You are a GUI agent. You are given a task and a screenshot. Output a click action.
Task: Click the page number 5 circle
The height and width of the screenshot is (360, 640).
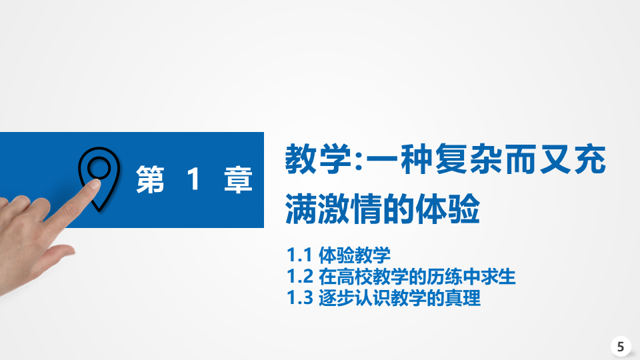click(621, 347)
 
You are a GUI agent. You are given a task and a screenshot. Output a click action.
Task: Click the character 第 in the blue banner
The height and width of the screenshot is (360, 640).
click(150, 179)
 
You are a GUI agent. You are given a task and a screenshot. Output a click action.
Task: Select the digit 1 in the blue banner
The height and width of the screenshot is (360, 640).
click(193, 179)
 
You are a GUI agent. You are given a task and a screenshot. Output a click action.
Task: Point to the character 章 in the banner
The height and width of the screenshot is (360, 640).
click(238, 179)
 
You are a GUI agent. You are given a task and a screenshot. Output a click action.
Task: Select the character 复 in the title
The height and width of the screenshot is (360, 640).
click(451, 159)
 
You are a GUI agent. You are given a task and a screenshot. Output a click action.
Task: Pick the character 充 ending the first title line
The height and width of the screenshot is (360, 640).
click(590, 159)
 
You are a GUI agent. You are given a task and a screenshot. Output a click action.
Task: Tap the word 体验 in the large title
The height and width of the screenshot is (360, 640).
click(448, 209)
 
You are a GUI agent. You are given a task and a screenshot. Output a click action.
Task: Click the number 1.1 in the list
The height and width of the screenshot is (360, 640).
click(299, 255)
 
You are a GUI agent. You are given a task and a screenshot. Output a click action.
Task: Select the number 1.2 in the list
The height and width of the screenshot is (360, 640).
click(300, 277)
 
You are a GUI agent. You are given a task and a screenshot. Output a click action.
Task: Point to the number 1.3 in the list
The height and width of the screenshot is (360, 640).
click(300, 298)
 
